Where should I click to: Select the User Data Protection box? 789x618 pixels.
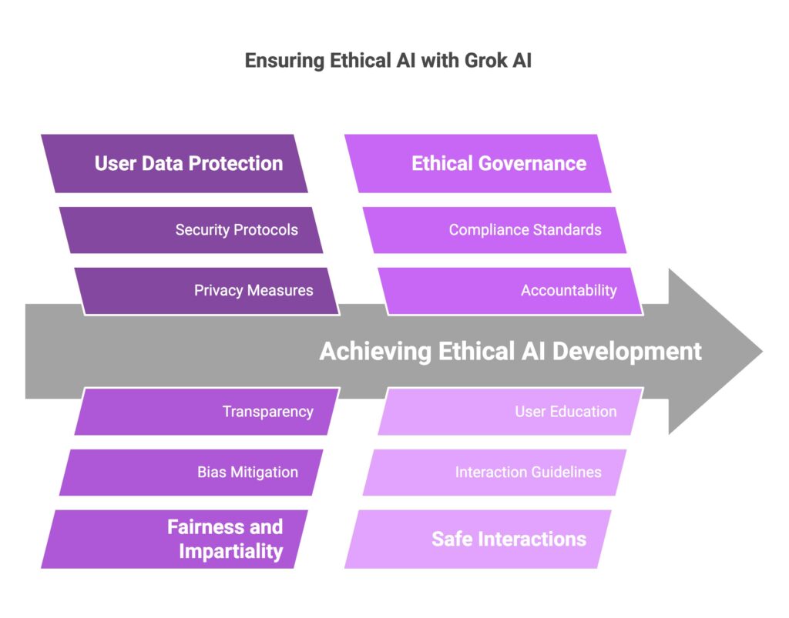pyautogui.click(x=174, y=163)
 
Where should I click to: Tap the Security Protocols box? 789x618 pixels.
pyautogui.click(x=191, y=229)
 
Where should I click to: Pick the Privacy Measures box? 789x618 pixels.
pyautogui.click(x=206, y=291)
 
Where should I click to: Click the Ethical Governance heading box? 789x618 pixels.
pyautogui.click(x=478, y=163)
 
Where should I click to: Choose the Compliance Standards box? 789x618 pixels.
pyautogui.click(x=495, y=229)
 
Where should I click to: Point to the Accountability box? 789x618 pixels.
pyautogui.click(x=511, y=291)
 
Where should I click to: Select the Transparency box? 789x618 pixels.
pyautogui.click(x=206, y=412)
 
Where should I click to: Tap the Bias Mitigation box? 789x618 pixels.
pyautogui.click(x=191, y=473)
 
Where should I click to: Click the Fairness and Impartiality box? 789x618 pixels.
pyautogui.click(x=174, y=539)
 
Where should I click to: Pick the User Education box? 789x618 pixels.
pyautogui.click(x=511, y=412)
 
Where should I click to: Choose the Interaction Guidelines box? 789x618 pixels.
pyautogui.click(x=495, y=473)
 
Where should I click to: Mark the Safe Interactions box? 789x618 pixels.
pyautogui.click(x=478, y=539)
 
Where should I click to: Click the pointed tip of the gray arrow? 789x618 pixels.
pyautogui.click(x=763, y=351)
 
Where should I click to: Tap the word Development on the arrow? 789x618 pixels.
pyautogui.click(x=627, y=352)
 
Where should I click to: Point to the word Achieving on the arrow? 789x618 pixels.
pyautogui.click(x=375, y=352)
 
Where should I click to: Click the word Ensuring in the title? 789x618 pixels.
pyautogui.click(x=285, y=61)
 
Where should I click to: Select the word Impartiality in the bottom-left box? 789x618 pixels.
pyautogui.click(x=231, y=552)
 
